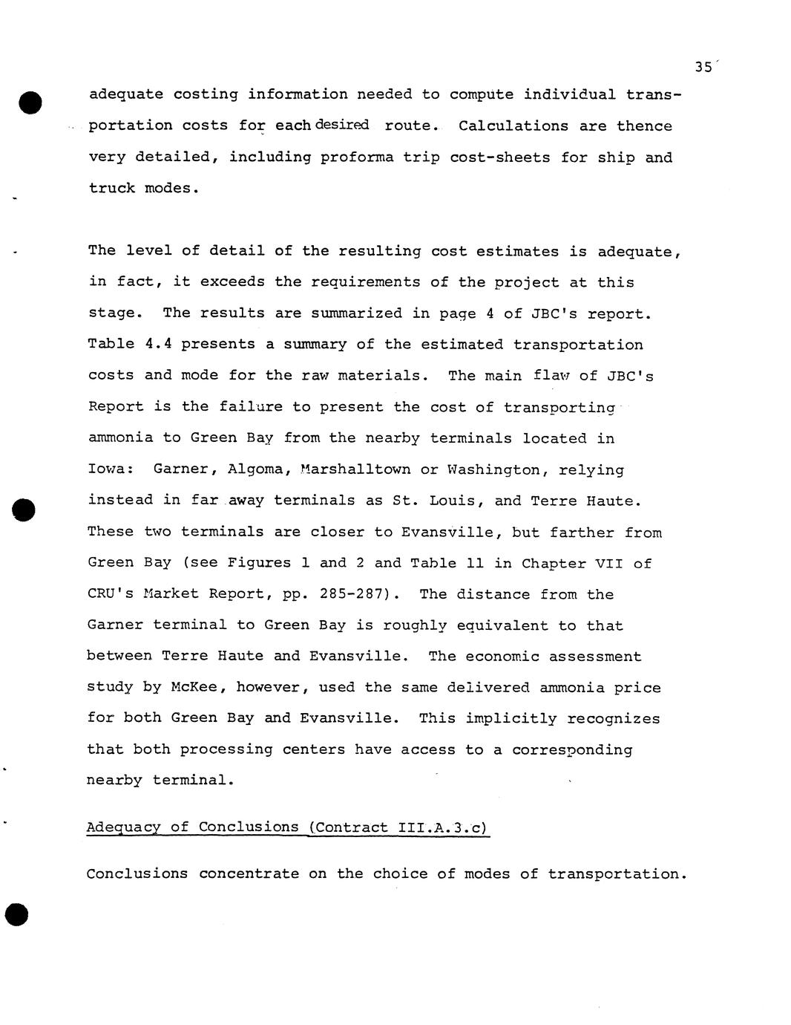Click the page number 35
coord(703,67)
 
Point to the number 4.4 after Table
coord(158,345)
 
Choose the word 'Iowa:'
coord(111,469)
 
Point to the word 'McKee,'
coord(198,688)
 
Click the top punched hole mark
coord(30,102)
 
